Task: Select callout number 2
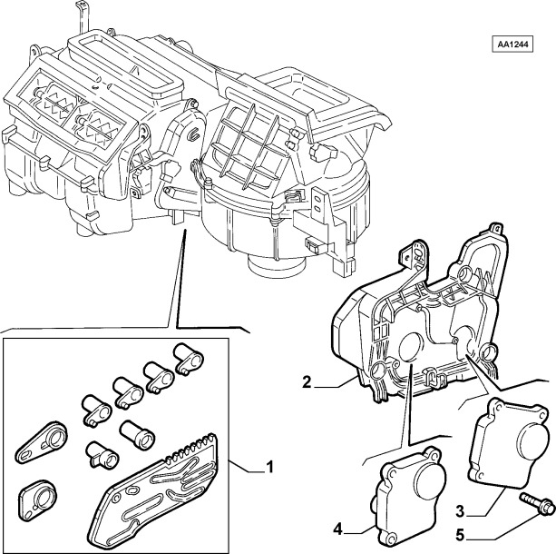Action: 307,383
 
